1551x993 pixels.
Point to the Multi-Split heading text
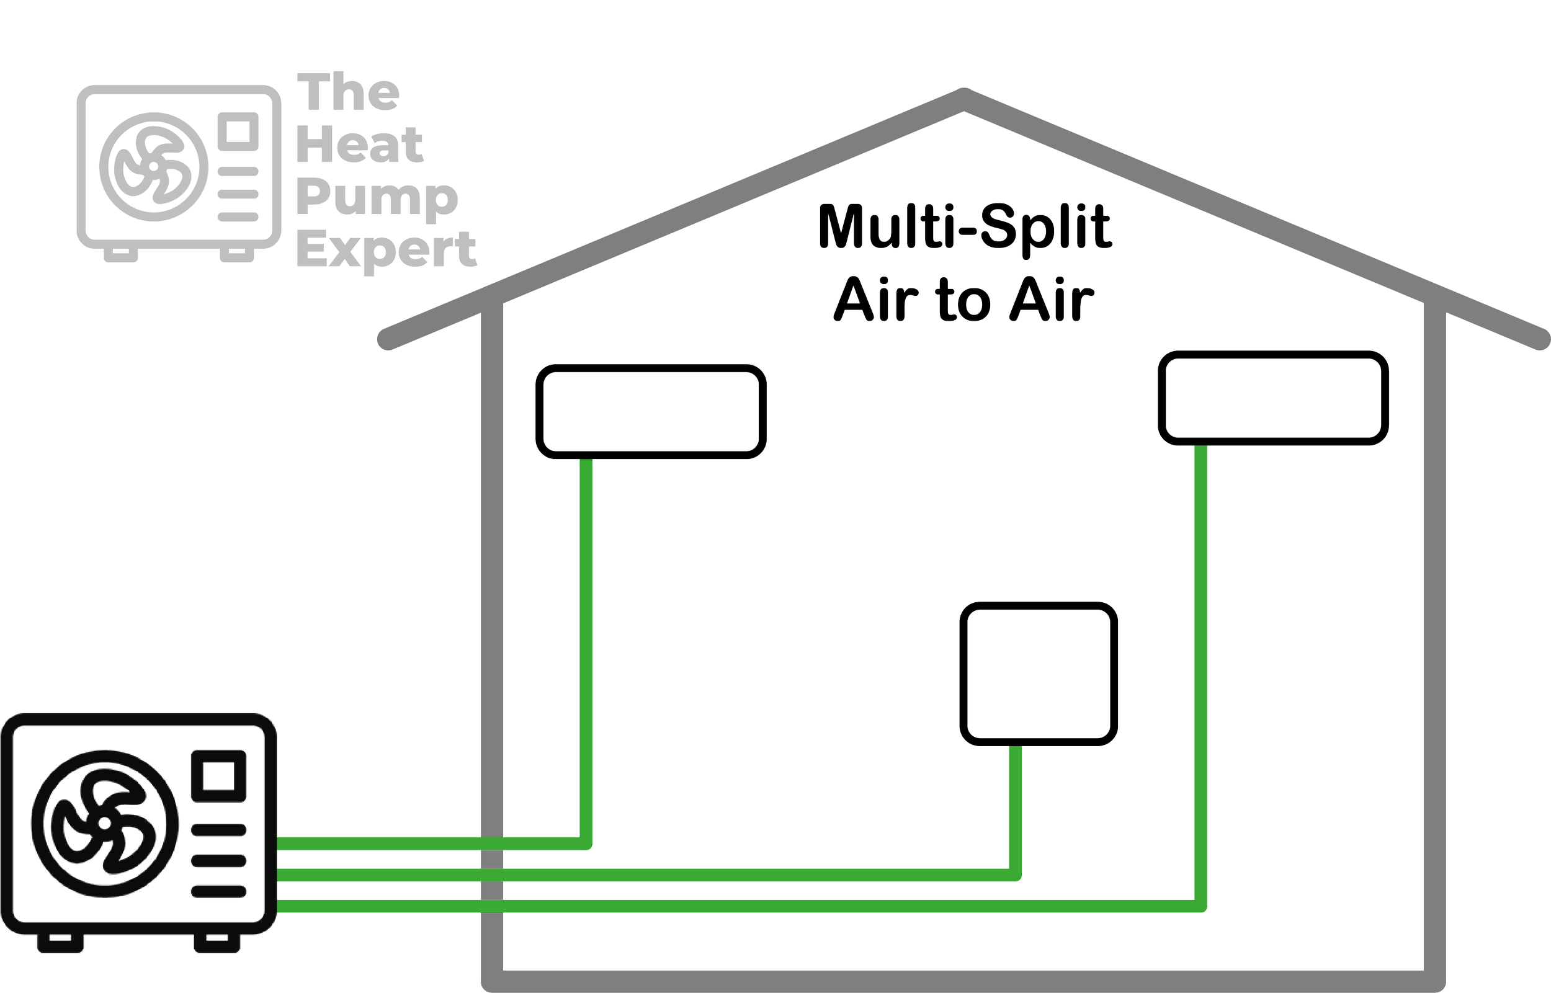[965, 226]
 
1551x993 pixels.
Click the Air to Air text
[963, 300]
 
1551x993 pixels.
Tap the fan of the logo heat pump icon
[154, 166]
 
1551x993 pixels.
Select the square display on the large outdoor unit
[219, 776]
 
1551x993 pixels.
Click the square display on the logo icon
[238, 131]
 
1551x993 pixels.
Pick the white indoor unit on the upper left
[651, 411]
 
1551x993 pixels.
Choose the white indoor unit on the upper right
[1273, 397]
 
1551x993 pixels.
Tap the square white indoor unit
[1039, 673]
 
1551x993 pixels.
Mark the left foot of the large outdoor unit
[60, 943]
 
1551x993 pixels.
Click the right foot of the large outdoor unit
[217, 943]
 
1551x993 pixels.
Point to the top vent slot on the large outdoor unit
[219, 830]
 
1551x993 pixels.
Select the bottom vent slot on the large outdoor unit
[219, 891]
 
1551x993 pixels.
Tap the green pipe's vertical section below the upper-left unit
[586, 645]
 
